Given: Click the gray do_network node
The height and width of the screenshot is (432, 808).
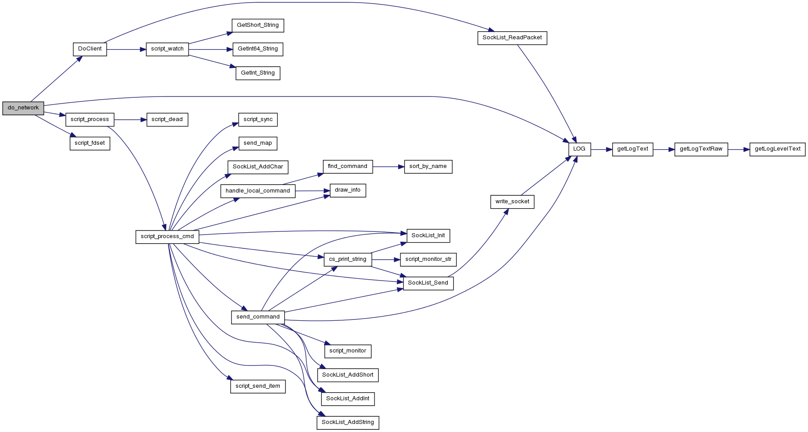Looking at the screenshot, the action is click(23, 108).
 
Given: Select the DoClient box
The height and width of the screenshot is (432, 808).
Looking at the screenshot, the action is click(90, 49).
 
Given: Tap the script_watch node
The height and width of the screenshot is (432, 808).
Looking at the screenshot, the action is click(167, 49).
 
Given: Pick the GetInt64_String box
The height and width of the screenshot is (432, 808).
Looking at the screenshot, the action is click(258, 49).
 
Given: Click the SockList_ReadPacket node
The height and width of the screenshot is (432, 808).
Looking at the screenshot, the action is click(512, 38).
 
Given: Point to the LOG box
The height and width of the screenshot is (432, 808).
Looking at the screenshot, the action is click(580, 149).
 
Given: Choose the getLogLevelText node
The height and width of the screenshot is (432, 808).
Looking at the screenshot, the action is click(778, 149).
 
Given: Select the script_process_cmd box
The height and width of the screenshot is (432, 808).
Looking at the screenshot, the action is click(167, 237).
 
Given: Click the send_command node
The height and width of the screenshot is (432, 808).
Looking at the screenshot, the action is click(258, 317).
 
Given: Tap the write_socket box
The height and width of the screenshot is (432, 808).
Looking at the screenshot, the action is click(512, 202).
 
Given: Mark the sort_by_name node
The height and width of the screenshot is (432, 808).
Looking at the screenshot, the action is click(428, 167).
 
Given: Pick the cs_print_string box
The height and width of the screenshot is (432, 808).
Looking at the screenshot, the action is click(348, 260).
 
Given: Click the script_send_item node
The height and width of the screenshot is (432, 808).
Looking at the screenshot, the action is click(258, 386).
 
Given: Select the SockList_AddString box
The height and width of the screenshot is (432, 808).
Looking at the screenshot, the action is click(348, 423).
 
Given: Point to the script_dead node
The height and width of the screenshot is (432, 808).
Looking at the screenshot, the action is click(167, 120).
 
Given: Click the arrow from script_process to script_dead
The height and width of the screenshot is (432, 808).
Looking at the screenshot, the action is click(130, 120).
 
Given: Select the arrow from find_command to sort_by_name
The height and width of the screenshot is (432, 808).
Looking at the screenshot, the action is click(388, 167).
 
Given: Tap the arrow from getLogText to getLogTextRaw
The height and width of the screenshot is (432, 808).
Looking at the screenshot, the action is click(664, 149).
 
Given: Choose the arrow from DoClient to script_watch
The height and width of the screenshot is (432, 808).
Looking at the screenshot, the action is click(126, 49).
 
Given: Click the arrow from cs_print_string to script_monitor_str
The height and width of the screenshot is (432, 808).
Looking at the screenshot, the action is click(386, 260).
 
